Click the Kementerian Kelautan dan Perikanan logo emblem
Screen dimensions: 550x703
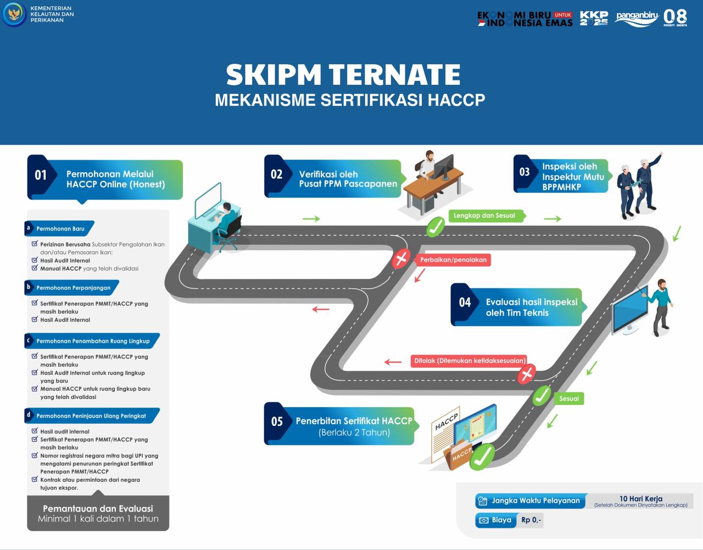14,14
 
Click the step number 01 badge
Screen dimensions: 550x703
41,175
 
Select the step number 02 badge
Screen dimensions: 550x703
276,174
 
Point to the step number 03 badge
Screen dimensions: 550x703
525,172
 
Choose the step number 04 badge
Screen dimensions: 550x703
465,302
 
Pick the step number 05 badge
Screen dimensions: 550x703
277,421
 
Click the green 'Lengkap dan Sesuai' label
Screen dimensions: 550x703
484,216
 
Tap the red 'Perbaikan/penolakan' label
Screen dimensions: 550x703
453,260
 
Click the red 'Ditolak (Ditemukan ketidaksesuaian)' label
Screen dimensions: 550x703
470,361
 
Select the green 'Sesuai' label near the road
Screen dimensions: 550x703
569,398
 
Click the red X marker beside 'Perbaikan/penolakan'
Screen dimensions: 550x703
401,258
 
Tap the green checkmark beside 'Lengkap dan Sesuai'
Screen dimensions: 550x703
436,226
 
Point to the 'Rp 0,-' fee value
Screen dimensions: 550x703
531,520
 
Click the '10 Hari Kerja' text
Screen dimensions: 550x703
640,498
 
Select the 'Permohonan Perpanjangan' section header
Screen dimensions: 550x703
73,288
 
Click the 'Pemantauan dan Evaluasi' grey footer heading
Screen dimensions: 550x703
98,509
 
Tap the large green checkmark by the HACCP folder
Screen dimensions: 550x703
482,457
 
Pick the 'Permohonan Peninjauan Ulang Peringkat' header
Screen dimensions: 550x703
91,416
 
